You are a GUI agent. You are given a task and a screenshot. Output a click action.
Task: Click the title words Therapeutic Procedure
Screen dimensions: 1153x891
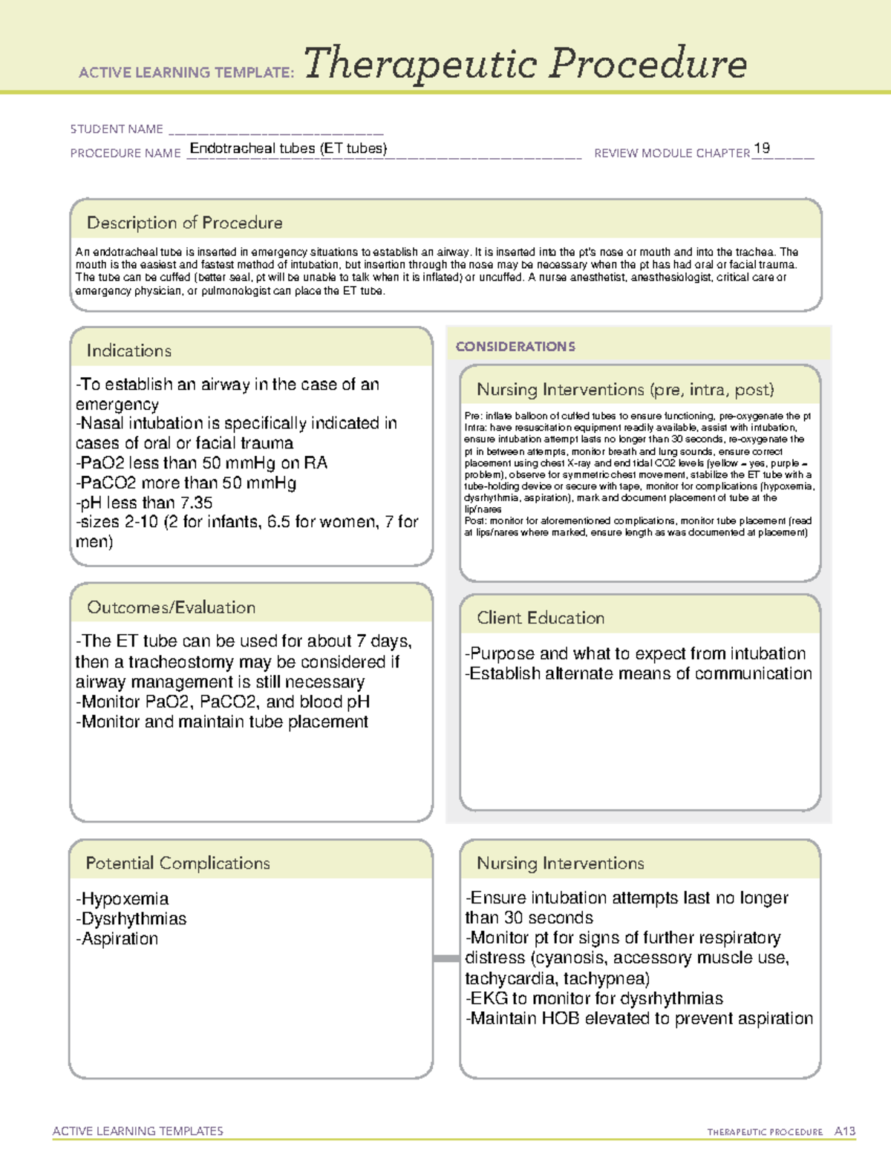(x=525, y=64)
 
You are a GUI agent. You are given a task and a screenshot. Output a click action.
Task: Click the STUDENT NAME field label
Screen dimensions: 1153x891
(x=117, y=129)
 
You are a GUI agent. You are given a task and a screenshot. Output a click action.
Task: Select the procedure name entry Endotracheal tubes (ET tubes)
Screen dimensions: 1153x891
(x=288, y=148)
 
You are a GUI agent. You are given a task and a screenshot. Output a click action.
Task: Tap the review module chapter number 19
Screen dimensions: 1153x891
(x=761, y=148)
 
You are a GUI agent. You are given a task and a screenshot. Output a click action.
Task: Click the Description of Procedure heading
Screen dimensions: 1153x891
(x=184, y=223)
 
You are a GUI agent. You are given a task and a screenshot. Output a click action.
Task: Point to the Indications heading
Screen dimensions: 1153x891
(x=128, y=350)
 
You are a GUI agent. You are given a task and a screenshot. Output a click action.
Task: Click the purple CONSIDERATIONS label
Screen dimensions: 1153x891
(x=515, y=347)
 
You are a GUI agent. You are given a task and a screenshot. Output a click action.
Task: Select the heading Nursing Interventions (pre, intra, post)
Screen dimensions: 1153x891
(x=625, y=390)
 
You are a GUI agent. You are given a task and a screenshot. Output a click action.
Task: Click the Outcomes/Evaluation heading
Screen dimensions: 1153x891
(x=171, y=607)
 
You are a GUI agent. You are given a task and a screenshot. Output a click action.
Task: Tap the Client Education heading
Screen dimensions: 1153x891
(x=541, y=618)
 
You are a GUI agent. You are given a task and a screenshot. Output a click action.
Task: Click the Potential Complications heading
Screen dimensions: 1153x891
(x=177, y=863)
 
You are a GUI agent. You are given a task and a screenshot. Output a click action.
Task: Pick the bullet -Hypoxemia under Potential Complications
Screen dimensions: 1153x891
(x=123, y=898)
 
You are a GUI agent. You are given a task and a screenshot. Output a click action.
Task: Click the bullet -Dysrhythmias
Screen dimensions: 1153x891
(x=131, y=918)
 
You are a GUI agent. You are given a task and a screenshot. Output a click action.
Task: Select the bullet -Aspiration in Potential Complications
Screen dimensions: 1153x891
(x=117, y=938)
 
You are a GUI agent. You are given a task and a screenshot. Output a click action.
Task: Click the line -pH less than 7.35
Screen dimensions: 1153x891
(x=144, y=503)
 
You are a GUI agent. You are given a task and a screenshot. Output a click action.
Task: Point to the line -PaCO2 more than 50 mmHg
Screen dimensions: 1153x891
(x=186, y=483)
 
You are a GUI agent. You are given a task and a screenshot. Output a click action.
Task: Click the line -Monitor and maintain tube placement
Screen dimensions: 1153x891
(x=222, y=722)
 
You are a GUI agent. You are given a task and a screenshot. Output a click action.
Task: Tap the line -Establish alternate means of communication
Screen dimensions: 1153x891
(x=638, y=673)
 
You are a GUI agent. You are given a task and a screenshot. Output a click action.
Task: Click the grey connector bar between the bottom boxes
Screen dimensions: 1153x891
(x=446, y=958)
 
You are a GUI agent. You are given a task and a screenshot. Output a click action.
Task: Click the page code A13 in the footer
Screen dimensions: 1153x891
(x=844, y=1131)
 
